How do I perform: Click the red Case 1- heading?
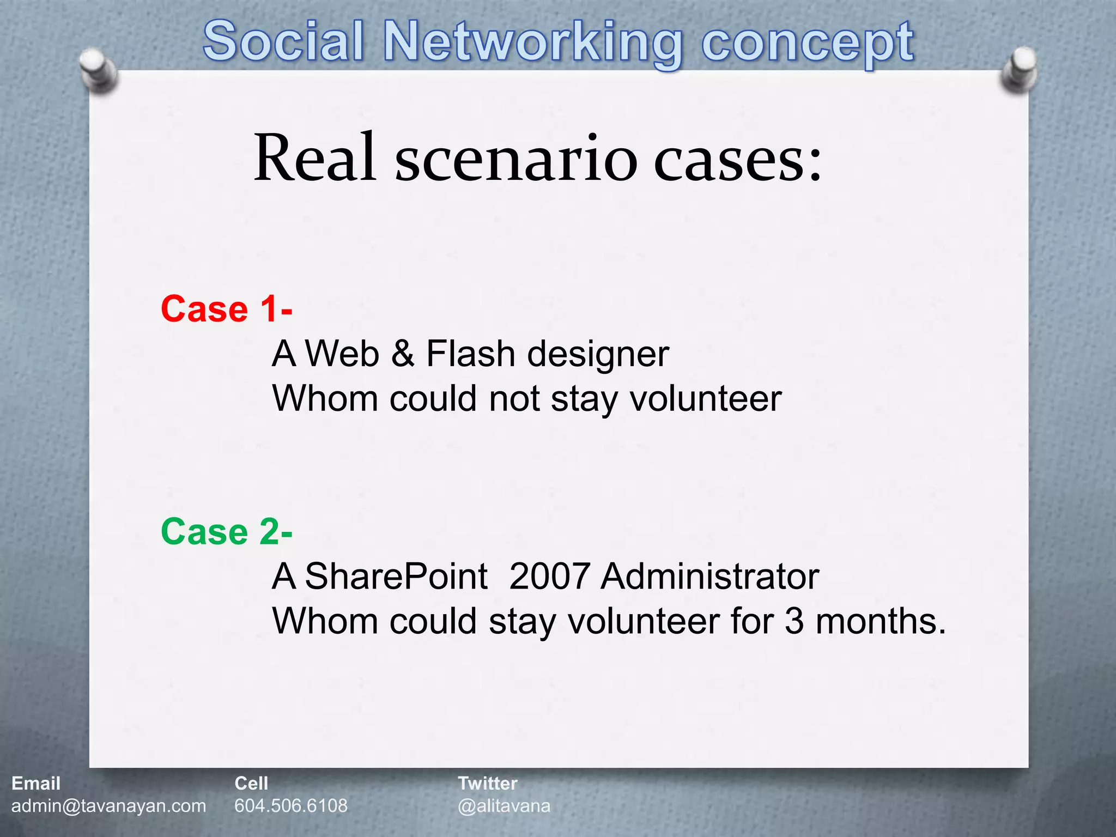226,309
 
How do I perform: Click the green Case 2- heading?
226,532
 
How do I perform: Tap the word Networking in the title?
533,43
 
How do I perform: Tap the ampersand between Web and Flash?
402,354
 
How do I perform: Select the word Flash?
470,354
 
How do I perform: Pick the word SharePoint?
396,577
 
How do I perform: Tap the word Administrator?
709,577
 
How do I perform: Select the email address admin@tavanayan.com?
108,806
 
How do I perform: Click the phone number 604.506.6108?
290,806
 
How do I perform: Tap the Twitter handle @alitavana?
504,806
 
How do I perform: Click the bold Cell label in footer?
251,784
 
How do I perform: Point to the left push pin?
98,71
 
